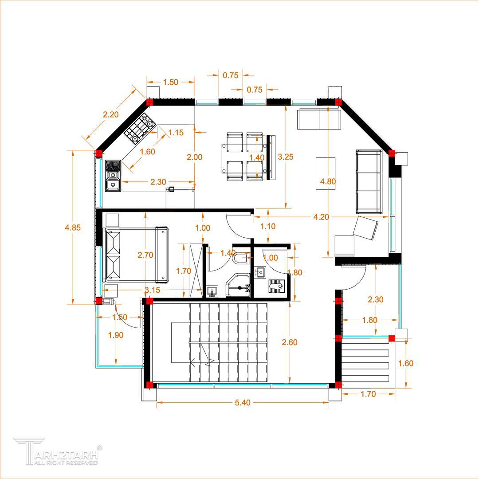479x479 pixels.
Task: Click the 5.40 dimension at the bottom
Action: point(243,403)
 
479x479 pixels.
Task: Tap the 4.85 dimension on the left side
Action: point(73,228)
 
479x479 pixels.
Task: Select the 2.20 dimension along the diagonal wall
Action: point(110,114)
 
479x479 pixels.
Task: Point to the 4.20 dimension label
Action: point(321,217)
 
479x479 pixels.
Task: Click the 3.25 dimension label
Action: point(286,157)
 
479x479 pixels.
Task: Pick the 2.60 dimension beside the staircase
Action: point(290,342)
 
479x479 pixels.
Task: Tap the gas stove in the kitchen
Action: point(140,128)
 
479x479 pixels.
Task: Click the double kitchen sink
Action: point(113,176)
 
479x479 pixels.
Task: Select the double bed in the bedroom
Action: point(136,255)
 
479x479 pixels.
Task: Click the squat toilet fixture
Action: point(277,286)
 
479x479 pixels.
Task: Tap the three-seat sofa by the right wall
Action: point(369,181)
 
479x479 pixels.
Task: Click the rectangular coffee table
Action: point(326,173)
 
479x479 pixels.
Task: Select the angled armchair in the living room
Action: point(365,228)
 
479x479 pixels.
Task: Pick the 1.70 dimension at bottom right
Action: point(368,394)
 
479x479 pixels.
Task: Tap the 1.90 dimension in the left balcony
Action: point(116,335)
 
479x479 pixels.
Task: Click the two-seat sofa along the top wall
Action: point(319,118)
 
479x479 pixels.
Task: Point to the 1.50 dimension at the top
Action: point(170,82)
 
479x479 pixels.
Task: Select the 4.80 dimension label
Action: point(328,181)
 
